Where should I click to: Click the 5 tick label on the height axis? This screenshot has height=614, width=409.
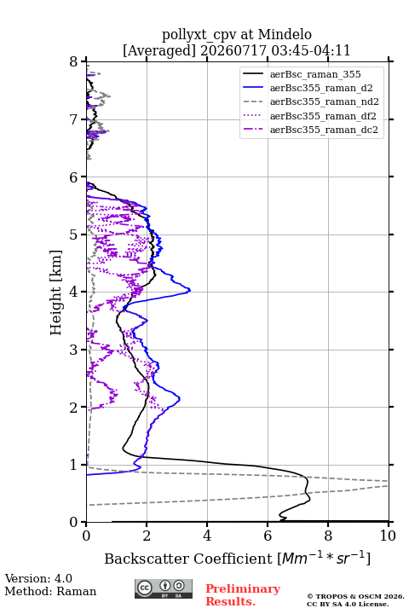click(x=74, y=235)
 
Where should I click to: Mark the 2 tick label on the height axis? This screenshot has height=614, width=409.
click(x=74, y=408)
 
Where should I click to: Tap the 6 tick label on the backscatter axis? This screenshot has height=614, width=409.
click(x=268, y=536)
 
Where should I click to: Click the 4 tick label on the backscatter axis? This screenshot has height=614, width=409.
click(x=207, y=536)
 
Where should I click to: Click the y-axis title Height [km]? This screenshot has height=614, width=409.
click(x=56, y=293)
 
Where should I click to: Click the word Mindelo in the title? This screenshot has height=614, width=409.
click(x=285, y=34)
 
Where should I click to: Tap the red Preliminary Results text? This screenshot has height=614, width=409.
click(x=243, y=595)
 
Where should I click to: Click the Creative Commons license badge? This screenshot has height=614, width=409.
click(x=164, y=589)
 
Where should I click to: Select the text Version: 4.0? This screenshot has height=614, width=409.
click(x=38, y=578)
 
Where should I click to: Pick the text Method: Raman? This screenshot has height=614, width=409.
click(x=50, y=591)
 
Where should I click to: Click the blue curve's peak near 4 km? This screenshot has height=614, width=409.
click(x=190, y=290)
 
